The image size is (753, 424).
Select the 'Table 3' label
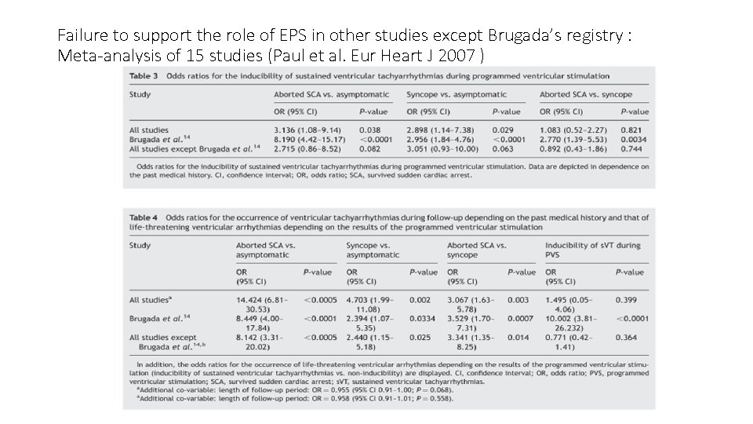coord(144,76)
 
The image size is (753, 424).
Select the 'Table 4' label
coord(144,217)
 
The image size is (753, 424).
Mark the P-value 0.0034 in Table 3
coord(634,138)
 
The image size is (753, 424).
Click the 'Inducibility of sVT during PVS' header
coord(592,250)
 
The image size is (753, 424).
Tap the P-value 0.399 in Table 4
coord(626,300)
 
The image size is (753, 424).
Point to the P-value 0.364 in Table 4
coord(626,338)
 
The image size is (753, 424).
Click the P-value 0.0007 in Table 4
coord(520,319)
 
